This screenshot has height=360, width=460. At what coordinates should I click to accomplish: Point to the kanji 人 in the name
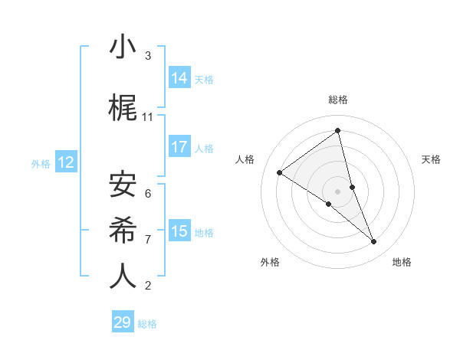click(123, 276)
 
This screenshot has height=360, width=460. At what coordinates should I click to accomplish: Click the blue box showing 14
click(179, 78)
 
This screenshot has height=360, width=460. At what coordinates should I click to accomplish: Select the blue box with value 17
click(179, 147)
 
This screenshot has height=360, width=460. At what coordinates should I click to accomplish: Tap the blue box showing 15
click(179, 231)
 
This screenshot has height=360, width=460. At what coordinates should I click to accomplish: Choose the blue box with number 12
click(65, 162)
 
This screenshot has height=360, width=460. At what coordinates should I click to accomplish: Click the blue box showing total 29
click(123, 322)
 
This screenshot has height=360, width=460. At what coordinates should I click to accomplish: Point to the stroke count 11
click(148, 116)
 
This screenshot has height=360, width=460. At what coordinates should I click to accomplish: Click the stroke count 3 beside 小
click(148, 56)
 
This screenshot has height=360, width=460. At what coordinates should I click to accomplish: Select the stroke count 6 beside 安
click(148, 193)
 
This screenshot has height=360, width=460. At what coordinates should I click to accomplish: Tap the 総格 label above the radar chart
click(338, 100)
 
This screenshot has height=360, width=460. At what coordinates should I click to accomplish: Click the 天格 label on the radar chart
click(432, 159)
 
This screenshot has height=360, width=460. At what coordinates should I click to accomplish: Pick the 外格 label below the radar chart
click(270, 262)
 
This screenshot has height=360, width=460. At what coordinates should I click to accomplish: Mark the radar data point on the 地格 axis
click(374, 242)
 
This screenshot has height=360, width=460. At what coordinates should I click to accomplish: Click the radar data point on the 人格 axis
click(280, 172)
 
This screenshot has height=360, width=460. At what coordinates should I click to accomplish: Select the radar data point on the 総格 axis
click(338, 131)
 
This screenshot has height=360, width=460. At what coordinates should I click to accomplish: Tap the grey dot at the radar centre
click(338, 191)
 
